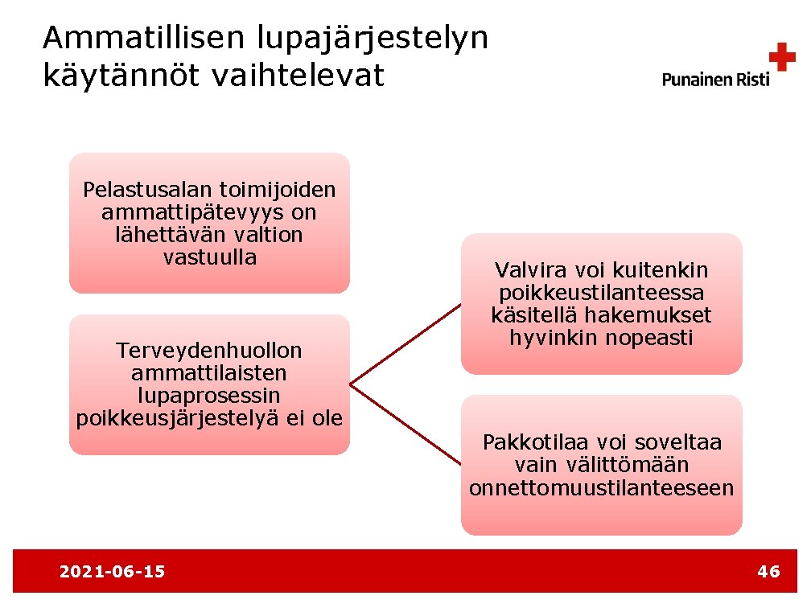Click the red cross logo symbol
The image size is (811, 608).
click(x=781, y=59)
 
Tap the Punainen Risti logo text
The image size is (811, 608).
click(x=715, y=79)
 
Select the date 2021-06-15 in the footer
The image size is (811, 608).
click(x=113, y=572)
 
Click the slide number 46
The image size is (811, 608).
click(x=768, y=572)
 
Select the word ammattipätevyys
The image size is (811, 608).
click(x=209, y=213)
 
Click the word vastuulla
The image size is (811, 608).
click(x=209, y=258)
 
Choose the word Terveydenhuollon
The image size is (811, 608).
click(x=209, y=351)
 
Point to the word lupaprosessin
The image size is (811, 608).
click(x=209, y=396)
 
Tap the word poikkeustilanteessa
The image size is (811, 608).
click(x=601, y=293)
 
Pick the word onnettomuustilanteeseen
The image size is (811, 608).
click(x=601, y=488)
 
